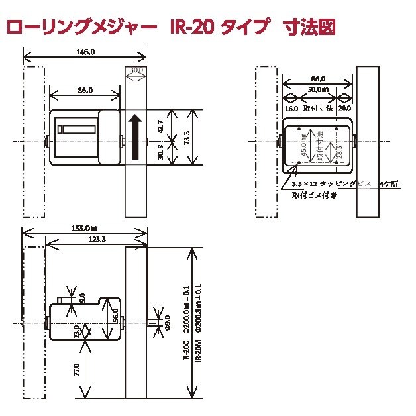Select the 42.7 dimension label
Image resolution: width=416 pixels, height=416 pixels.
point(160,125)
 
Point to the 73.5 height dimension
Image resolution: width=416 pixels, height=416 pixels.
point(187,138)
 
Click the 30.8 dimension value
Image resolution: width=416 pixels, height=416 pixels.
point(160,152)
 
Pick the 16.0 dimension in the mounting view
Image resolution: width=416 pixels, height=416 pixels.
point(291,107)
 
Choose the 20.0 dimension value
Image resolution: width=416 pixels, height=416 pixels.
point(344,107)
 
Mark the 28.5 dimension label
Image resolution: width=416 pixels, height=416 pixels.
point(338,150)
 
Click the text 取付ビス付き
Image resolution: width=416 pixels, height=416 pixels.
point(314,195)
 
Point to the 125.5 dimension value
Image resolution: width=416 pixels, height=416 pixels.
point(97,238)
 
